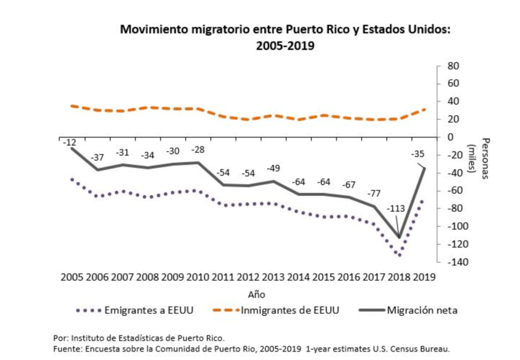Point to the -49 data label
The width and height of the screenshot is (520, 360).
[x=273, y=168]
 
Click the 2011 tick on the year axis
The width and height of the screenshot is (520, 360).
[x=223, y=277]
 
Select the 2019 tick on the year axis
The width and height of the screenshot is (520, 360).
[x=424, y=277]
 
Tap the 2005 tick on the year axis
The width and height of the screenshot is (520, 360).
[x=73, y=277]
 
